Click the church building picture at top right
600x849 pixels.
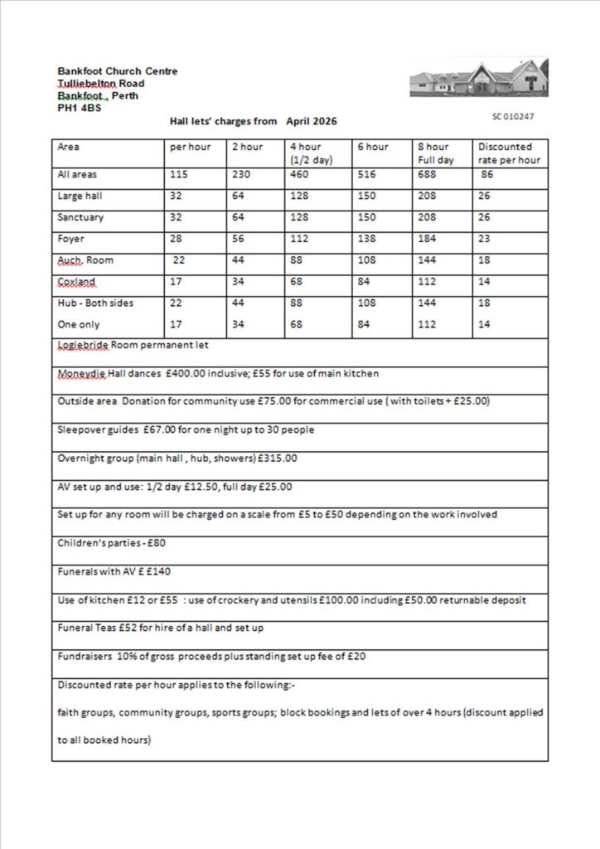point(478,78)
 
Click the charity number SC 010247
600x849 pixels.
point(513,117)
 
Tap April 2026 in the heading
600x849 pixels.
point(312,121)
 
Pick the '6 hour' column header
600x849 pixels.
point(372,147)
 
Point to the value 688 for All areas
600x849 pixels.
point(428,175)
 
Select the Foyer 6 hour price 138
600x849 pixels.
point(366,239)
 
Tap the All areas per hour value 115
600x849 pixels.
point(178,175)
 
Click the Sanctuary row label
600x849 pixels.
point(80,217)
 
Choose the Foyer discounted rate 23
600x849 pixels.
point(484,239)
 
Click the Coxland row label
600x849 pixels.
point(76,282)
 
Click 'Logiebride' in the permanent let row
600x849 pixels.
point(83,345)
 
